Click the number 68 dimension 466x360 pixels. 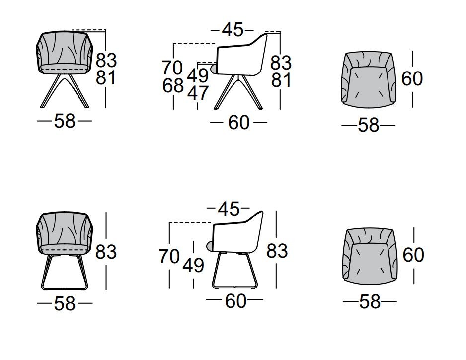(173, 86)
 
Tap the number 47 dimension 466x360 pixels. (198, 93)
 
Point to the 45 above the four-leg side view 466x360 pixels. (233, 30)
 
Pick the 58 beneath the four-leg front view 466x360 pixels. (65, 121)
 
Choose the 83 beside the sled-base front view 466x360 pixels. (106, 252)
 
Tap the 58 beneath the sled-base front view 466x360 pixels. (65, 303)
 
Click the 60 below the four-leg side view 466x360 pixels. (238, 122)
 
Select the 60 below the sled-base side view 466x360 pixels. (235, 301)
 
